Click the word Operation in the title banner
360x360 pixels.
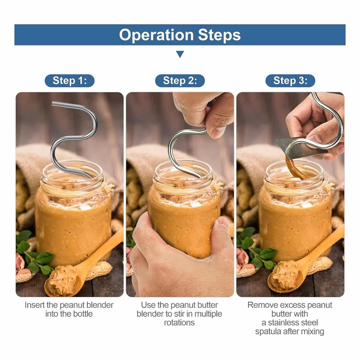(156, 35)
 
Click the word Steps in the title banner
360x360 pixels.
(219, 35)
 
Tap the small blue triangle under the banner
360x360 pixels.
(180, 54)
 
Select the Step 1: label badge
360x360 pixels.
(70, 81)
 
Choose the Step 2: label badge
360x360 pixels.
(180, 81)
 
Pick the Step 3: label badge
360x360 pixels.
(290, 81)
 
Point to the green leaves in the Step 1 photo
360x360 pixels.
(34, 255)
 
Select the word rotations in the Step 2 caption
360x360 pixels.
(179, 323)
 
